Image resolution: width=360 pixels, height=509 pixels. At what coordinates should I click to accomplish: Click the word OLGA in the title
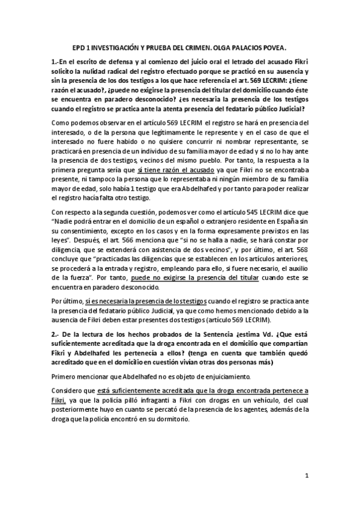click(223, 46)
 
